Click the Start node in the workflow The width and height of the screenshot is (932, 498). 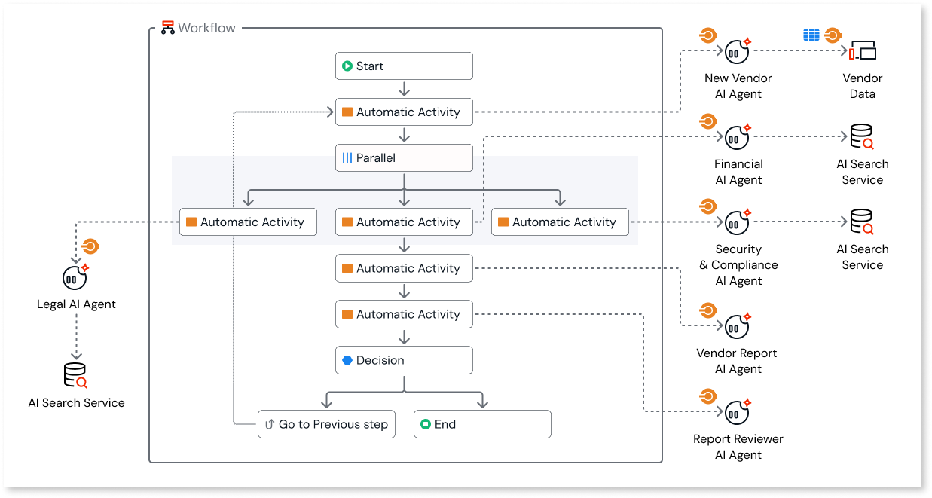pyautogui.click(x=404, y=66)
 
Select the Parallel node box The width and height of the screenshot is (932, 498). pyautogui.click(x=404, y=158)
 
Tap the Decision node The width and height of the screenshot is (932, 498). pyautogui.click(x=404, y=360)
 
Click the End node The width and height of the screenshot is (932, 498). pyautogui.click(x=482, y=424)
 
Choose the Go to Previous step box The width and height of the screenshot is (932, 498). pyautogui.click(x=325, y=424)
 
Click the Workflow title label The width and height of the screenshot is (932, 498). pyautogui.click(x=206, y=28)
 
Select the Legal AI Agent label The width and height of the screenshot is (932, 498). pyautogui.click(x=76, y=304)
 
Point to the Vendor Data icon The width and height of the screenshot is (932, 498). pyautogui.click(x=863, y=51)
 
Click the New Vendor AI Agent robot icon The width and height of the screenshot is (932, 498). pyautogui.click(x=737, y=50)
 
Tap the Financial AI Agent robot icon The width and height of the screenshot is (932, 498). pyautogui.click(x=737, y=136)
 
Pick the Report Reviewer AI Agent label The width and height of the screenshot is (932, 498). pyautogui.click(x=738, y=447)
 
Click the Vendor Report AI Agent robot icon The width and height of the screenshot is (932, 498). pyautogui.click(x=737, y=326)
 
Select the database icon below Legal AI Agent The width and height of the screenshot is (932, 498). pyautogui.click(x=75, y=375)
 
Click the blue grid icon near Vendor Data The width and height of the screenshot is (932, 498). pyautogui.click(x=811, y=35)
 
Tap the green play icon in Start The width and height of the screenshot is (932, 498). pyautogui.click(x=347, y=66)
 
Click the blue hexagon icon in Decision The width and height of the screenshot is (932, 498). pyautogui.click(x=347, y=360)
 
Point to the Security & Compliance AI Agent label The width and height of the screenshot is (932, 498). pyautogui.click(x=738, y=265)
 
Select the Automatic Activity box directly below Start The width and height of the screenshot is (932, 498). pyautogui.click(x=404, y=112)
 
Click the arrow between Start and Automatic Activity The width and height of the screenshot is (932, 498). pyautogui.click(x=404, y=89)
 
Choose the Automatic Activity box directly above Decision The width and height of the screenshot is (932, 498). pyautogui.click(x=404, y=314)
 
